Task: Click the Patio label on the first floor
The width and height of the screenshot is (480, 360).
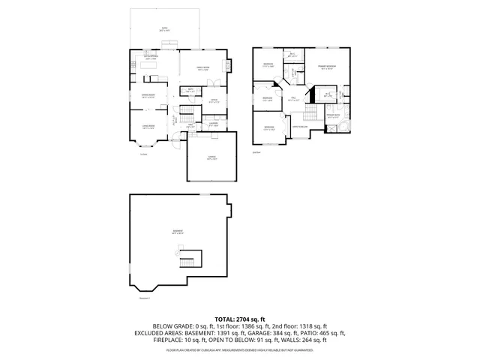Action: pyautogui.click(x=164, y=28)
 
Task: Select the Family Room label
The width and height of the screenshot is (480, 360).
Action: pyautogui.click(x=202, y=67)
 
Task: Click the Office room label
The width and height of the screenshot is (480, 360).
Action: pyautogui.click(x=213, y=100)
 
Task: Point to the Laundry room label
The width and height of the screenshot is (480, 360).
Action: pyautogui.click(x=214, y=124)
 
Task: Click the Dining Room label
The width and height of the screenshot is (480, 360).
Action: pyautogui.click(x=148, y=95)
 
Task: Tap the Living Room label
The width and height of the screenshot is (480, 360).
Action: pyautogui.click(x=148, y=126)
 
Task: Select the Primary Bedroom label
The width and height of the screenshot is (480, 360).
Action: pyautogui.click(x=324, y=67)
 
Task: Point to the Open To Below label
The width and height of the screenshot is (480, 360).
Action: pyautogui.click(x=299, y=126)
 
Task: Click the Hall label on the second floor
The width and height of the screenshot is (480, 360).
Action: pyautogui.click(x=294, y=98)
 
